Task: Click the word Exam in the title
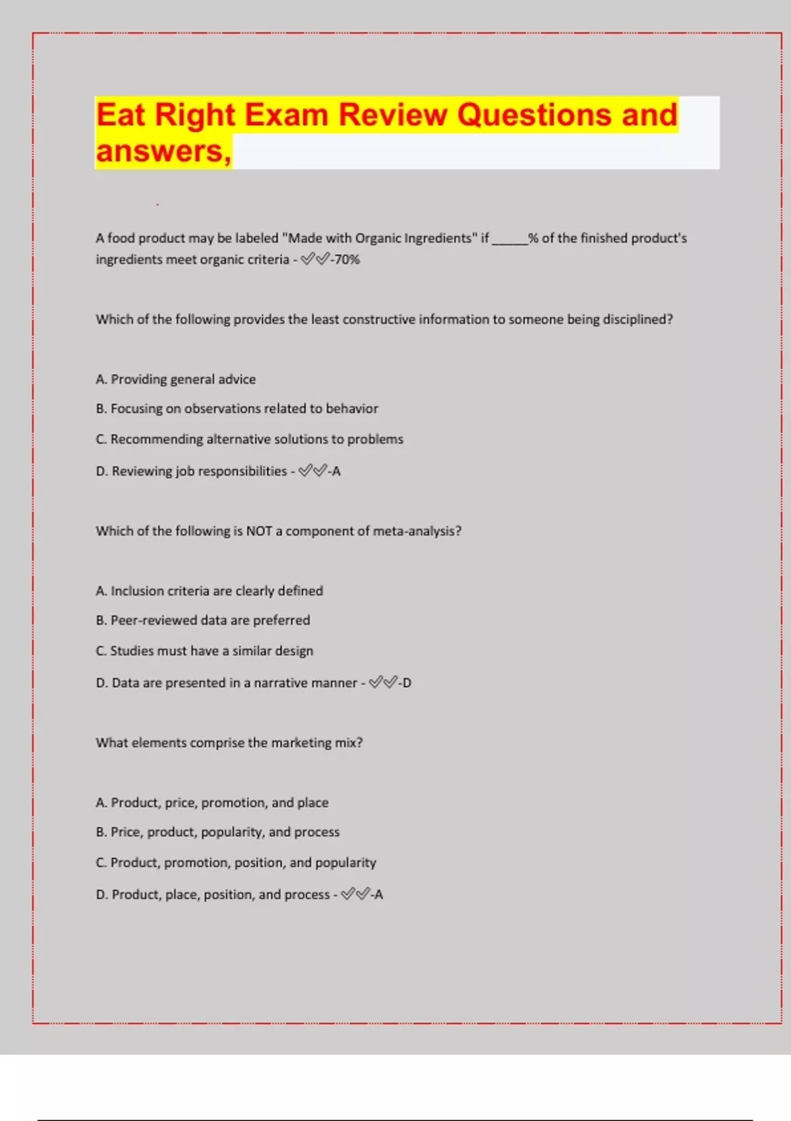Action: pyautogui.click(x=287, y=115)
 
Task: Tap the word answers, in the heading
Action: pyautogui.click(x=163, y=152)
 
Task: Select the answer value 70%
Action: pyautogui.click(x=347, y=260)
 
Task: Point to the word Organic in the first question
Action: pyautogui.click(x=378, y=238)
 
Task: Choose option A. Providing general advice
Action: pyautogui.click(x=176, y=379)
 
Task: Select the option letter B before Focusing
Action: pyautogui.click(x=101, y=409)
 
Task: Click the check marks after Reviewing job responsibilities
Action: pyautogui.click(x=312, y=471)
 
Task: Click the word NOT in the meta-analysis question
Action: pyautogui.click(x=259, y=531)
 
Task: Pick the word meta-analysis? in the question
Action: pyautogui.click(x=417, y=531)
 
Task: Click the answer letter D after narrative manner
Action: pyautogui.click(x=407, y=682)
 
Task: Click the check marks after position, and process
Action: pyautogui.click(x=355, y=894)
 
